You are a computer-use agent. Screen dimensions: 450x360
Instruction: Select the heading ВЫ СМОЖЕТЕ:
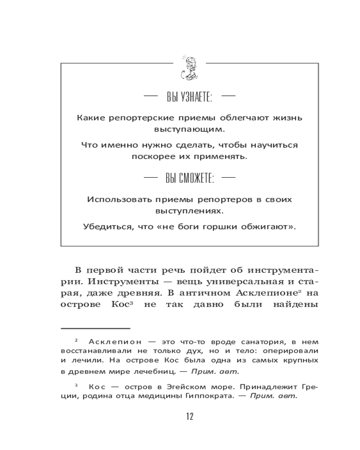click(x=189, y=179)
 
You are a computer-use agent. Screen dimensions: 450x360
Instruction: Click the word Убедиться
click(x=105, y=227)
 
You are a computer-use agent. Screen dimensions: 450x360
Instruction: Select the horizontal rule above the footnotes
click(x=95, y=328)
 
